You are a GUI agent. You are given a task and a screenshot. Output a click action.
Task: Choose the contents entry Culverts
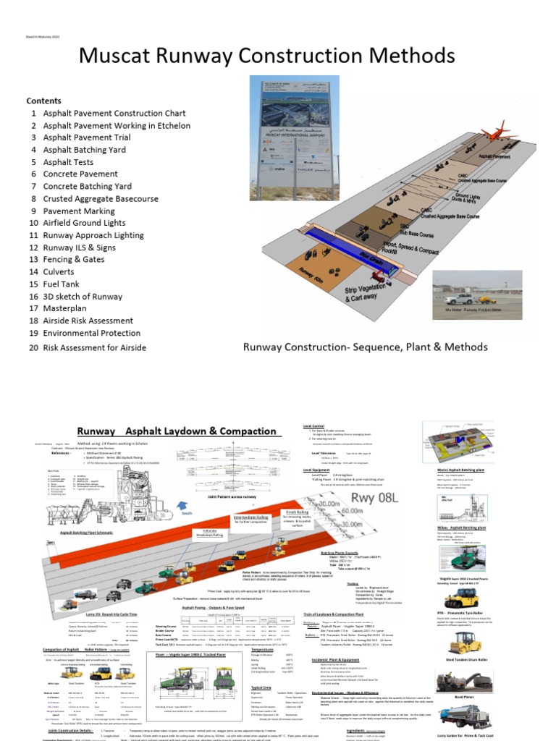click(64, 270)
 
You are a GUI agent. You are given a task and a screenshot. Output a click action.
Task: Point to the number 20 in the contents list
click(33, 347)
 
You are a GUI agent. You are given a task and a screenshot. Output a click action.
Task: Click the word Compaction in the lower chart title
click(241, 431)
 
